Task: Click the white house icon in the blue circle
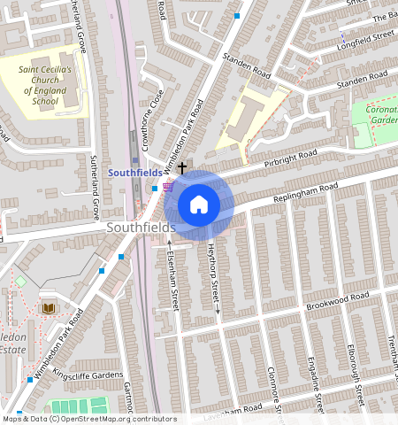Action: (199, 205)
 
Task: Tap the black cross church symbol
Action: (183, 166)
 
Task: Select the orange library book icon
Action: (48, 307)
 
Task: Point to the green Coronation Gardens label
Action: (383, 113)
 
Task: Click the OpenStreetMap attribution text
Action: (89, 419)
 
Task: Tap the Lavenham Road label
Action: (234, 410)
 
